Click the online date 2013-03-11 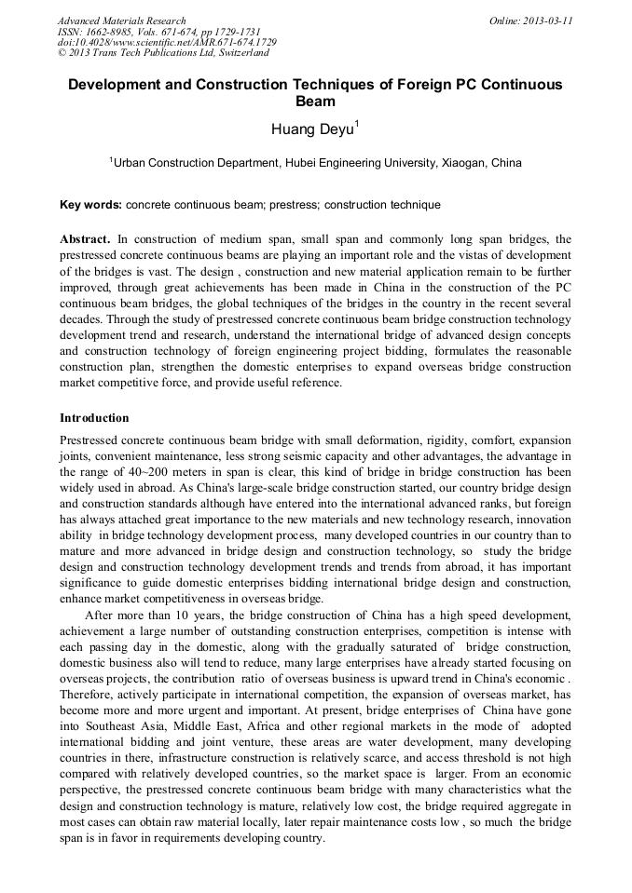tap(550, 20)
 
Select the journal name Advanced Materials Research tap(121, 20)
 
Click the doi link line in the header tap(167, 43)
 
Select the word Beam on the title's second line tap(315, 101)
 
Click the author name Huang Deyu tap(311, 129)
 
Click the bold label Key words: tap(90, 205)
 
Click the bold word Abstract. tap(85, 239)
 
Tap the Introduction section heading tap(94, 417)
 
